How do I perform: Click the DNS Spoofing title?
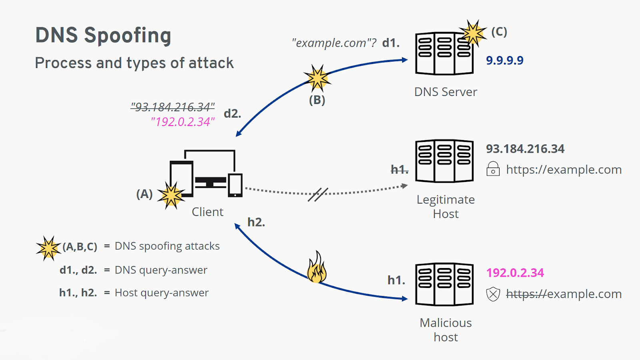[103, 35]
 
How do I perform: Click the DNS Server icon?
[444, 54]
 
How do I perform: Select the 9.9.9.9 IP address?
[504, 60]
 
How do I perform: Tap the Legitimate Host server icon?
[444, 161]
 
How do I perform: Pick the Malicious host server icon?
[444, 284]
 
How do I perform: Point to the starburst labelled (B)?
[317, 78]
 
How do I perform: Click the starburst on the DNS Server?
[473, 33]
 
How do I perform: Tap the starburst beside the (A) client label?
[171, 196]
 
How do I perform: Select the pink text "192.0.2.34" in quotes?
[183, 122]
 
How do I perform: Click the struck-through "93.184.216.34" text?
[172, 107]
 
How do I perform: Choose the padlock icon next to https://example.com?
[493, 169]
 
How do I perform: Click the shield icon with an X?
[493, 294]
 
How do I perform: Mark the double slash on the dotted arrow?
[318, 194]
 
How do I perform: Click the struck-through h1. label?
[399, 170]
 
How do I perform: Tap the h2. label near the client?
[256, 222]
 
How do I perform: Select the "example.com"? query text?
[334, 43]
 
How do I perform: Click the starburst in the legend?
[48, 248]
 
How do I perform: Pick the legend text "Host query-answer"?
[162, 293]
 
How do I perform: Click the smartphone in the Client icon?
[235, 185]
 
